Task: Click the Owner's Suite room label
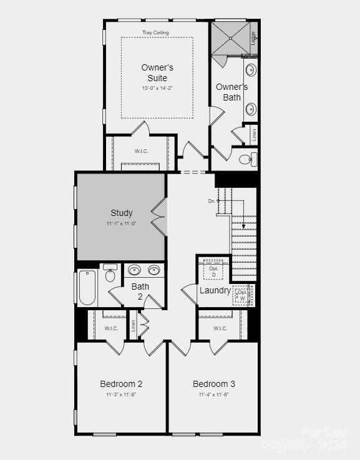tap(157, 72)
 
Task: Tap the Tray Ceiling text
tap(156, 32)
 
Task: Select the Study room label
tap(122, 213)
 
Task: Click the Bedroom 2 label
tap(121, 384)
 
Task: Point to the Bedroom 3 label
tap(214, 384)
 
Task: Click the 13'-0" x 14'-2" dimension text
tap(157, 88)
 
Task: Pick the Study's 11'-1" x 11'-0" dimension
tap(121, 223)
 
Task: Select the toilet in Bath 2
tap(110, 274)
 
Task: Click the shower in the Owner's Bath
tap(229, 38)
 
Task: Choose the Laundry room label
tap(215, 290)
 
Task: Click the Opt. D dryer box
tap(213, 271)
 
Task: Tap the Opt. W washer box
tap(242, 294)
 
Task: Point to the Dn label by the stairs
tap(212, 201)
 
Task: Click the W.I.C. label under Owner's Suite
tap(142, 151)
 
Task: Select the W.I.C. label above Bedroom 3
tap(220, 328)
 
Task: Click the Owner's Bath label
tap(231, 92)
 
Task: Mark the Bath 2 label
tap(140, 291)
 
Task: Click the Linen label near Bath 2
tap(133, 326)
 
